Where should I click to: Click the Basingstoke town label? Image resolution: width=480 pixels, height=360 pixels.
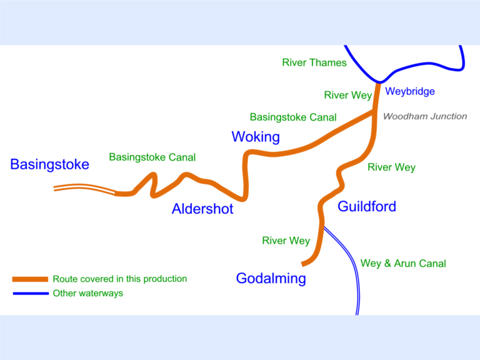(49, 164)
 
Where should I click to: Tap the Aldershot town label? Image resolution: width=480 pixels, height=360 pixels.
(202, 209)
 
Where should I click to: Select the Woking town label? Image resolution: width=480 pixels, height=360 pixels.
(256, 137)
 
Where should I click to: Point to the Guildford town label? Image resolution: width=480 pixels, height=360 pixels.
(367, 206)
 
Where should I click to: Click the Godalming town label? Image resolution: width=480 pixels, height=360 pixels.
(271, 279)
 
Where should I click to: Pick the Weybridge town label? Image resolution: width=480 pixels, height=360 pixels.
(409, 92)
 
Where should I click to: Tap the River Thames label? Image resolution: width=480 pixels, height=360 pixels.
(314, 62)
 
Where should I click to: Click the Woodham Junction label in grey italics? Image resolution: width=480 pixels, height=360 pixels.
(424, 116)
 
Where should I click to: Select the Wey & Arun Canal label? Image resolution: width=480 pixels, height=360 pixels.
(403, 264)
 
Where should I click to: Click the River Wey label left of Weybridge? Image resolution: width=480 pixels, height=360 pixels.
(347, 96)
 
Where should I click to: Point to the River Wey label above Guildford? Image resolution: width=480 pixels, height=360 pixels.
(391, 167)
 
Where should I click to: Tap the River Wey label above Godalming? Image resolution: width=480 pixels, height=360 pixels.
(286, 241)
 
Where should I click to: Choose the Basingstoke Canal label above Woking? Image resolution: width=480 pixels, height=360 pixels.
(293, 117)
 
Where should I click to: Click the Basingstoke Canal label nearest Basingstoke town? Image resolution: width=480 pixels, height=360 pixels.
(152, 157)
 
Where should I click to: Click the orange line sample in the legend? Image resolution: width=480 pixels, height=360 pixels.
(31, 279)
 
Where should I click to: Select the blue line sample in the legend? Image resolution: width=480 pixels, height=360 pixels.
(31, 293)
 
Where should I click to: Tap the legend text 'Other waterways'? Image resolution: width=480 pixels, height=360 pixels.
(87, 293)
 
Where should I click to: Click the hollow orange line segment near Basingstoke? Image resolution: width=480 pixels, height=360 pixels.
(84, 189)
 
